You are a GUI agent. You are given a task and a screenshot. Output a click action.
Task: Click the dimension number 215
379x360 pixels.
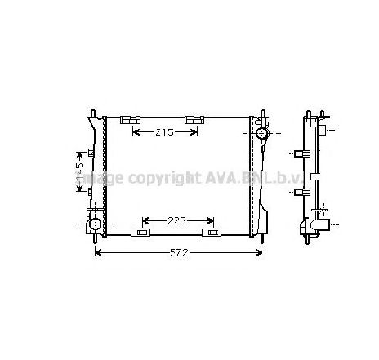(x=163, y=132)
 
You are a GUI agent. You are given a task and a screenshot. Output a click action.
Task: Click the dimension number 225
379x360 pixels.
(x=177, y=220)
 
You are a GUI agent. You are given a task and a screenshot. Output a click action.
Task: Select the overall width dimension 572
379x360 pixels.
(x=179, y=252)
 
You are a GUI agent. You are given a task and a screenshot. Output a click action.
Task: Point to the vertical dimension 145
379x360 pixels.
(x=80, y=171)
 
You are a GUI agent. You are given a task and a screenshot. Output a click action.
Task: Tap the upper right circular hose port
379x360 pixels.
(x=261, y=133)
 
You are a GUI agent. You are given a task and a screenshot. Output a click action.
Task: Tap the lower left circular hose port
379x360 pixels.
(x=96, y=223)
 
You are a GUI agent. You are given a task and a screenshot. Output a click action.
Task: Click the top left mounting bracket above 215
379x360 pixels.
(x=131, y=120)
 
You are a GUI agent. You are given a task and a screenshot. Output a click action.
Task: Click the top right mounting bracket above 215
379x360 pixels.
(x=194, y=120)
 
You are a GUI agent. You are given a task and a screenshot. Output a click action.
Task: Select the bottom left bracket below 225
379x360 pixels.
(x=143, y=233)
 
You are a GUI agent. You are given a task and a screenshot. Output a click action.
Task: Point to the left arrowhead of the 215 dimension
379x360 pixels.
(x=135, y=132)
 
